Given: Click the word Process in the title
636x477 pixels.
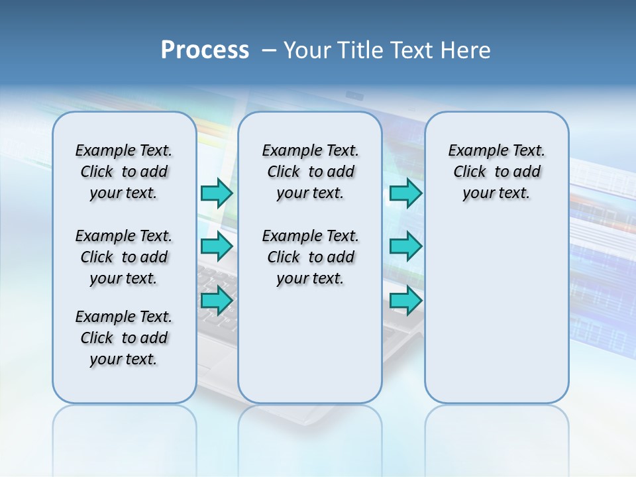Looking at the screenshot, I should tap(205, 50).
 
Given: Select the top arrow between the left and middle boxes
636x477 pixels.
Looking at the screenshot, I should tap(217, 193).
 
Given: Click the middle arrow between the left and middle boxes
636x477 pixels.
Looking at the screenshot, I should tap(217, 246).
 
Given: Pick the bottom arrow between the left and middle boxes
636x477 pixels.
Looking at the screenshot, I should tap(217, 300).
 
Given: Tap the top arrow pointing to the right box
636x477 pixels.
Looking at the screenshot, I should tap(405, 193).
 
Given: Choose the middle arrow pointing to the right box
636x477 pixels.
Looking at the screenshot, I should tap(405, 246).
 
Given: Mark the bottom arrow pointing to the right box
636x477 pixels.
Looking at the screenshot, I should tap(405, 300).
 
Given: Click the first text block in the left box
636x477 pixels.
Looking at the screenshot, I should tap(124, 172).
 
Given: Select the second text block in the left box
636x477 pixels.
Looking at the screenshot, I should tap(124, 257).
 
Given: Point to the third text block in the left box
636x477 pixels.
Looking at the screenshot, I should tap(124, 338).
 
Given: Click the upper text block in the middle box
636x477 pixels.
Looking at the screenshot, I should tap(310, 172).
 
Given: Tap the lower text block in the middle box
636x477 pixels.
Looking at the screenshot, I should tap(310, 257).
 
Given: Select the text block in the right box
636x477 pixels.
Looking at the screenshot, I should tap(496, 172).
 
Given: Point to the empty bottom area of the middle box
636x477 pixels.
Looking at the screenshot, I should tap(310, 351).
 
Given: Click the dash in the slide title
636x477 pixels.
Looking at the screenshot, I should tap(269, 50).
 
